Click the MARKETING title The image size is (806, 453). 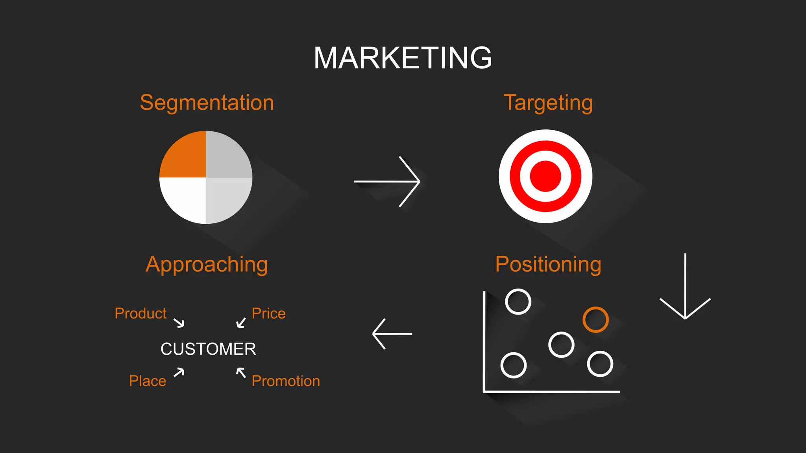(x=403, y=58)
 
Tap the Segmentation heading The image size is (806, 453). (x=207, y=103)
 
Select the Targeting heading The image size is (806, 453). (x=548, y=103)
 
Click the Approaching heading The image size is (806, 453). (x=207, y=265)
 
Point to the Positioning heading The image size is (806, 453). (x=548, y=264)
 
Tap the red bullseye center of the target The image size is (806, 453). (x=545, y=176)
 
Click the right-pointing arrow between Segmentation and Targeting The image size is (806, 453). (x=388, y=181)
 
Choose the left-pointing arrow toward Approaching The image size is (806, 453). (x=392, y=334)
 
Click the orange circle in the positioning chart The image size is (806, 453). (x=595, y=320)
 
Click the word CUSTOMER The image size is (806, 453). (x=208, y=349)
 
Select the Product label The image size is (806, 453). (x=140, y=313)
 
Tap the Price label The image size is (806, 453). (x=268, y=313)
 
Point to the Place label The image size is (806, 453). (x=148, y=381)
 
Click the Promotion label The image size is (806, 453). (x=286, y=381)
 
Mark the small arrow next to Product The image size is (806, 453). (x=179, y=323)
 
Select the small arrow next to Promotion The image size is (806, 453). (x=241, y=372)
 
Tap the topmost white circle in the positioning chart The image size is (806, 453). (x=518, y=302)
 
